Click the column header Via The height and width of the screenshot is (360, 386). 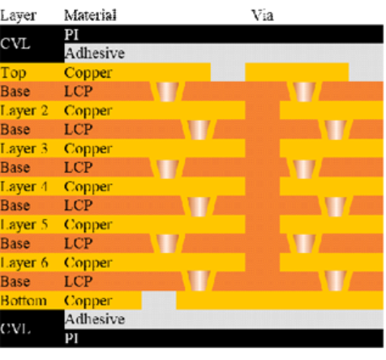[x=263, y=15]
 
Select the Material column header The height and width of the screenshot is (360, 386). [x=90, y=15]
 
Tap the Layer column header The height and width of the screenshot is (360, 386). [x=19, y=16]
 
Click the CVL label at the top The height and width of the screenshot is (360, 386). [x=15, y=44]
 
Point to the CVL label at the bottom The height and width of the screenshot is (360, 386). [x=15, y=328]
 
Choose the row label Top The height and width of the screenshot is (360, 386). [x=14, y=73]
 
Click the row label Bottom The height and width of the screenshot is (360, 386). [x=24, y=301]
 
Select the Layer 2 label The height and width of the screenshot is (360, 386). [x=24, y=111]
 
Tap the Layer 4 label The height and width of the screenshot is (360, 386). [x=24, y=187]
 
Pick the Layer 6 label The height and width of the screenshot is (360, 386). [x=24, y=263]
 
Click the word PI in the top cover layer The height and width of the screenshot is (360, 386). [x=71, y=35]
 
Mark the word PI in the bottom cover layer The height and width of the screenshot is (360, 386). [x=71, y=338]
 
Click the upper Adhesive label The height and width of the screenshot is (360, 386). [x=95, y=53]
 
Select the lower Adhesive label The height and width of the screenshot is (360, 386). [x=95, y=319]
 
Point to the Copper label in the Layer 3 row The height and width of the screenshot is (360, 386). [x=88, y=149]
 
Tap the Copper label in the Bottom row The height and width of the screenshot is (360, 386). [x=88, y=302]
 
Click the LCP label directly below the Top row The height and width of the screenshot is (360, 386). [x=79, y=92]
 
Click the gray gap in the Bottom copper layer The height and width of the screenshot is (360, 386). [x=159, y=300]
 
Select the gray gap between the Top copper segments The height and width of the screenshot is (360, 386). [x=228, y=72]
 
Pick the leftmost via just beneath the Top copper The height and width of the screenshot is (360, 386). [x=168, y=92]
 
